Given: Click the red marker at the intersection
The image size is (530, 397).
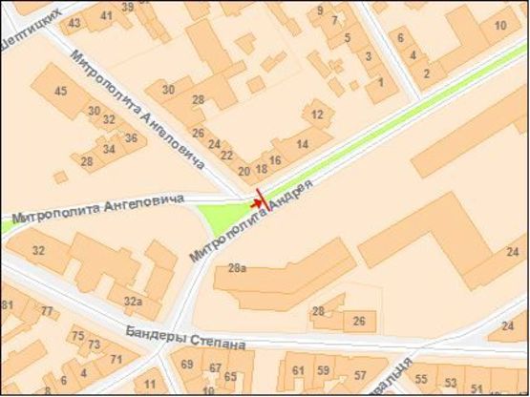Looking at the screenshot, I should (x=258, y=201).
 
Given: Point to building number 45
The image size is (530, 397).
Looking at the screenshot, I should (x=61, y=91).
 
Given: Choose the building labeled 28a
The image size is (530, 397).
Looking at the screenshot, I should (x=238, y=270).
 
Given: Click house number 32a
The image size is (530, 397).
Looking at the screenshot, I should (x=133, y=302).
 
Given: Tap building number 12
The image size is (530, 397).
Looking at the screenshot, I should (x=316, y=115).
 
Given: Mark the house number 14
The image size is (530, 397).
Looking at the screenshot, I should (x=301, y=143).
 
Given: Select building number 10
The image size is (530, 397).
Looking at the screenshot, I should (x=500, y=26).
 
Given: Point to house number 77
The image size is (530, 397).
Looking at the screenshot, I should (x=46, y=312).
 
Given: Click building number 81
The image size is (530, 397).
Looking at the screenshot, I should (x=8, y=305).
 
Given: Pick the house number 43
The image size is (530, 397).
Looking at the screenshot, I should (x=74, y=21).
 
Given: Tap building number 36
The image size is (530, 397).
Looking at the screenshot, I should (x=130, y=137).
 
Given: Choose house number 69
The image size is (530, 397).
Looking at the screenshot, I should (x=186, y=365).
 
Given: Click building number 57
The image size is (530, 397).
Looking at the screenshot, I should (x=360, y=374).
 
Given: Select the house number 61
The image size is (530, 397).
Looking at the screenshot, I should (x=298, y=370).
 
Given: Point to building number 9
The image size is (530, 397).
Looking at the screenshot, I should (x=346, y=9).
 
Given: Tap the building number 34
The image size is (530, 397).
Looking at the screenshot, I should (x=109, y=149).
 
